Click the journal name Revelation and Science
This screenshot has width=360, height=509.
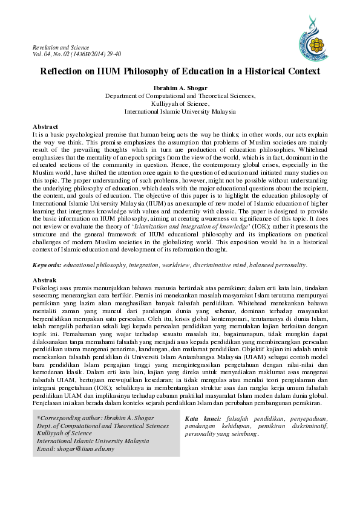tap(61, 48)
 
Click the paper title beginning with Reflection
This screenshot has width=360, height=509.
tap(180, 71)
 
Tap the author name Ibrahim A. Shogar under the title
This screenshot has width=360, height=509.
tap(180, 88)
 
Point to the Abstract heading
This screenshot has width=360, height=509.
tap(45, 126)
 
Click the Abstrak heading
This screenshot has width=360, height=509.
tap(44, 280)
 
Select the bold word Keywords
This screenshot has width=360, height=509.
tap(46, 265)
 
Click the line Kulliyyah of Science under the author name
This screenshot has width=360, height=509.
tap(180, 103)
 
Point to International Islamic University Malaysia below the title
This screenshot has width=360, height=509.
tap(180, 111)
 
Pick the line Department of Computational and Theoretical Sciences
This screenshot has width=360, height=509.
tap(180, 96)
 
